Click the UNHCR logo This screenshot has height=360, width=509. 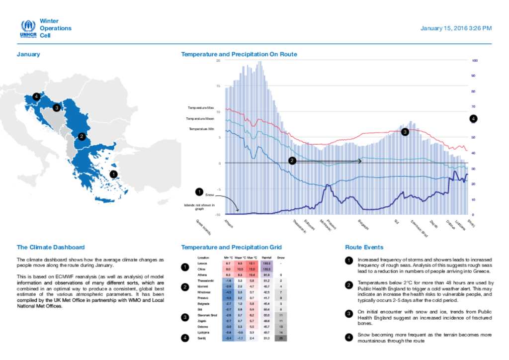point(28,29)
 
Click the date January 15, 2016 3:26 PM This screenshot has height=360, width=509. point(456,28)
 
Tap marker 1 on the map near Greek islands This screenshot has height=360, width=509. point(113,175)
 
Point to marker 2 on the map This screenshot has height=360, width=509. point(82,136)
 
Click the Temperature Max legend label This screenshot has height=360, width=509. point(201,107)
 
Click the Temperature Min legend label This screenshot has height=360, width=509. point(201,129)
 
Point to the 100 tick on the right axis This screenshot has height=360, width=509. point(474,61)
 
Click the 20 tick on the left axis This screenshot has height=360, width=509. point(218,61)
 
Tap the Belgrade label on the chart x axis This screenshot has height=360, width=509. point(363,224)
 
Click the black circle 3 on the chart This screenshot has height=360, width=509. point(405,132)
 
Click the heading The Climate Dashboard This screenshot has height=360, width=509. point(51,247)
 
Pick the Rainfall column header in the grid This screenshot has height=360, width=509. point(266,258)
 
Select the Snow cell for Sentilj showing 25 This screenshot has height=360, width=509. point(281,338)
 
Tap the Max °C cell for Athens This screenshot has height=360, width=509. point(253,274)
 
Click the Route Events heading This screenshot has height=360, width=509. point(364,247)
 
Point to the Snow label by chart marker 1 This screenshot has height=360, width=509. point(209,195)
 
